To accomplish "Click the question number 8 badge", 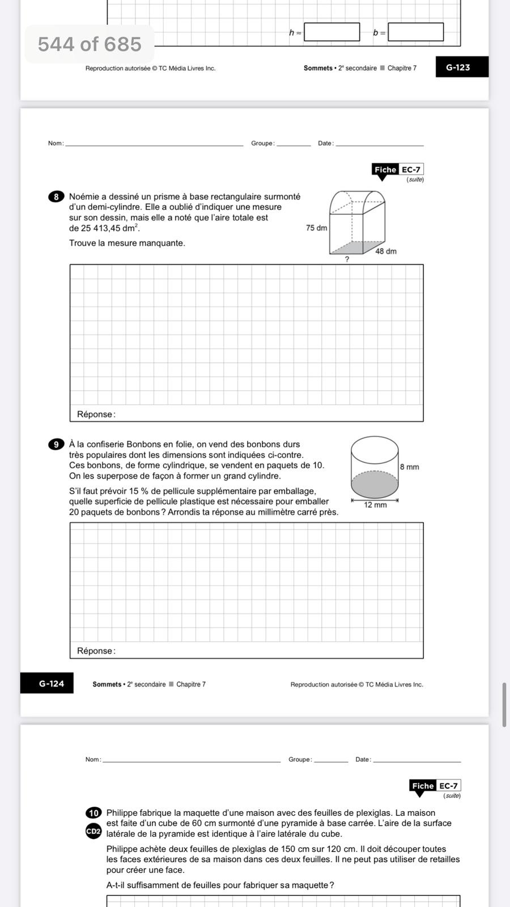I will click(56, 197).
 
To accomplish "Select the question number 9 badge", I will click(56, 444).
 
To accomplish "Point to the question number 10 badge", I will click(93, 813).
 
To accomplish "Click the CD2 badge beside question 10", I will click(93, 831).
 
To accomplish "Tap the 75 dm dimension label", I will click(316, 228).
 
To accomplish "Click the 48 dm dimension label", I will click(386, 251).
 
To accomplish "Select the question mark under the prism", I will click(347, 259).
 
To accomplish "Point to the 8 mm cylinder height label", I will click(409, 467).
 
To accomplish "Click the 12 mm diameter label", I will click(375, 505).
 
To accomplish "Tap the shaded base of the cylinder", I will click(375, 485).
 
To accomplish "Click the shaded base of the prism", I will click(351, 247).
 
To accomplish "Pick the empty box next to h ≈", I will click(332, 32).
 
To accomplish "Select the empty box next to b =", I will click(415, 32).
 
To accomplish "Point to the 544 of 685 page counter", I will click(90, 44).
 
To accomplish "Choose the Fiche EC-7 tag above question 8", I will click(398, 169).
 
